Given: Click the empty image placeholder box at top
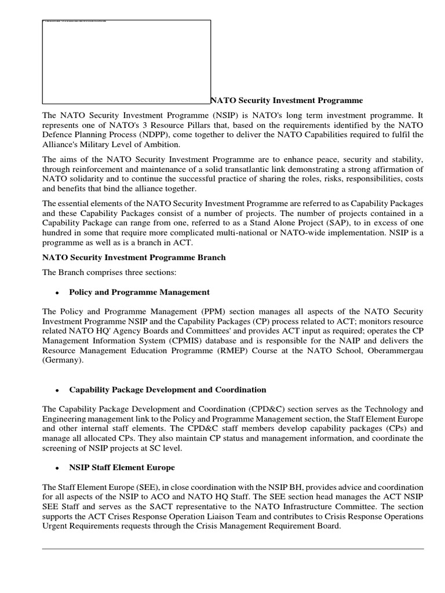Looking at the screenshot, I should pyautogui.click(x=126, y=61).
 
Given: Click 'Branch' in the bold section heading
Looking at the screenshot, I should pyautogui.click(x=208, y=257).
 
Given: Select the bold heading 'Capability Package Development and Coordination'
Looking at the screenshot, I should pyautogui.click(x=167, y=390).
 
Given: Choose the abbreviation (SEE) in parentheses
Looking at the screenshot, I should pyautogui.click(x=135, y=487).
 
